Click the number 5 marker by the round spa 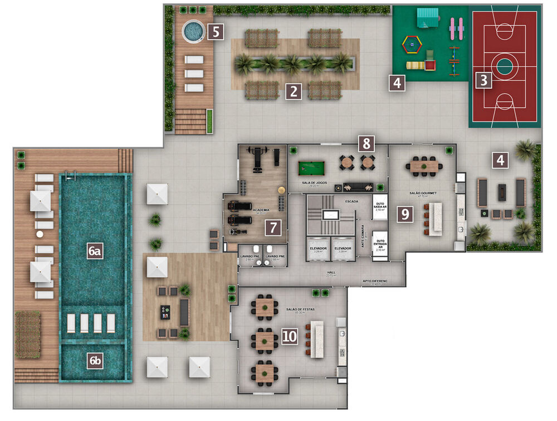[216, 31]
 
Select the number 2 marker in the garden [293, 91]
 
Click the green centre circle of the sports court [504, 67]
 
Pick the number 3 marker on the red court [483, 80]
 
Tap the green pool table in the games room [314, 168]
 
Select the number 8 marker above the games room [366, 143]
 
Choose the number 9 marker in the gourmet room [405, 214]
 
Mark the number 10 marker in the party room [289, 336]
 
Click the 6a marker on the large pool [95, 252]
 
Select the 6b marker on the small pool [95, 361]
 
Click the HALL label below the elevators [331, 273]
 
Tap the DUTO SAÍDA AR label [380, 206]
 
